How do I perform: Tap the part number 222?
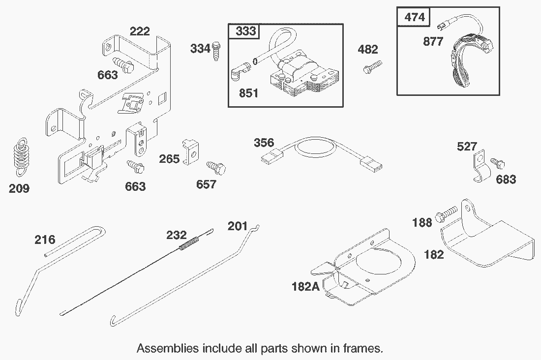point(140,31)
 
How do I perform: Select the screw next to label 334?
point(216,51)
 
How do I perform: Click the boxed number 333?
point(246,31)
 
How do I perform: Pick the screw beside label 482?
point(373,66)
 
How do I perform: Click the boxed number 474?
point(415,17)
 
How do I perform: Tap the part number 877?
point(433,41)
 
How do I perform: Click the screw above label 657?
point(216,168)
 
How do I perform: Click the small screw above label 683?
point(498,163)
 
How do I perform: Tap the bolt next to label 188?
point(447,213)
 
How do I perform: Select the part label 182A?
point(306,286)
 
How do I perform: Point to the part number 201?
point(238,226)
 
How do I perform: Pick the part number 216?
point(45,240)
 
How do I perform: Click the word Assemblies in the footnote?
point(168,348)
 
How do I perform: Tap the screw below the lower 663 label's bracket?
point(135,167)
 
